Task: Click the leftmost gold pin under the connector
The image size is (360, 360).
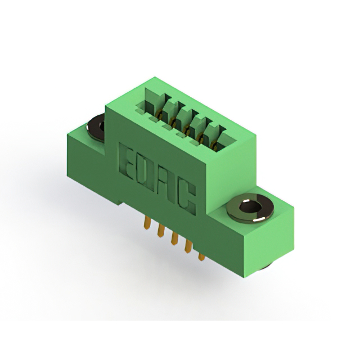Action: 147,223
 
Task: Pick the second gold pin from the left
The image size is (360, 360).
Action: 161,230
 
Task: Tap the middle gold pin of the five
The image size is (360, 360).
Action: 175,238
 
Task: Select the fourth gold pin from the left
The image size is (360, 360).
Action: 188,246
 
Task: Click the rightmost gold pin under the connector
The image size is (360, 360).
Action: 201,256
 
